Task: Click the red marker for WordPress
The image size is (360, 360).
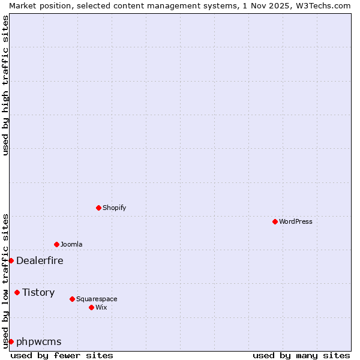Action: pyautogui.click(x=275, y=221)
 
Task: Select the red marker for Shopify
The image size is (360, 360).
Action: pyautogui.click(x=98, y=208)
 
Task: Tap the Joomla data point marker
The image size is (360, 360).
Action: pyautogui.click(x=56, y=244)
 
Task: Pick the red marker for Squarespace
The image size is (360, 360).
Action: pyautogui.click(x=72, y=299)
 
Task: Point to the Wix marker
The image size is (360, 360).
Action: pyautogui.click(x=91, y=307)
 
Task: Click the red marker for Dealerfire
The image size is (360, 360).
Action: pyautogui.click(x=11, y=260)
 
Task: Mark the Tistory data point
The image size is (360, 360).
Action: pyautogui.click(x=17, y=292)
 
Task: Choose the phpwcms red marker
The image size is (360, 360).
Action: pyautogui.click(x=11, y=341)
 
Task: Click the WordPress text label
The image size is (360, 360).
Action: pyautogui.click(x=296, y=221)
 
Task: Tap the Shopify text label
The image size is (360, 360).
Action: pyautogui.click(x=114, y=208)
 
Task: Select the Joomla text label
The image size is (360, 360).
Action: pyautogui.click(x=71, y=244)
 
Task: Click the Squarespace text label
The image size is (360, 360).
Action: pyautogui.click(x=97, y=299)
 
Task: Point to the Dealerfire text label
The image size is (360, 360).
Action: pyautogui.click(x=40, y=260)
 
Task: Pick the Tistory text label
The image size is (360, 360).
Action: pyautogui.click(x=38, y=292)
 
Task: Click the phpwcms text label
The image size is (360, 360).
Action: pyautogui.click(x=39, y=341)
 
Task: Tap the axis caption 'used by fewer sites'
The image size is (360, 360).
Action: pyautogui.click(x=62, y=355)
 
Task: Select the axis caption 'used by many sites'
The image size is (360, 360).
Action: pyautogui.click(x=301, y=355)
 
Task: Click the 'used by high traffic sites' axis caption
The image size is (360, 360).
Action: pyautogui.click(x=5, y=85)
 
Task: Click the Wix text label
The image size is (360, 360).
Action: pyautogui.click(x=101, y=307)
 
